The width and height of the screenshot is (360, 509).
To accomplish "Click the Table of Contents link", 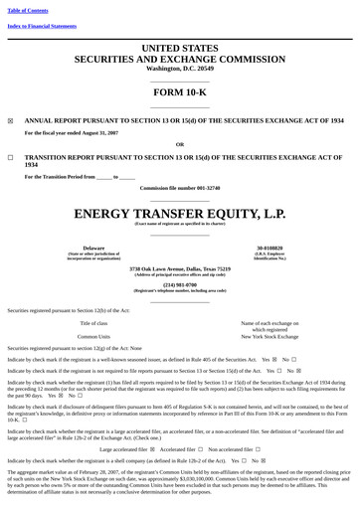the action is [x=28, y=10].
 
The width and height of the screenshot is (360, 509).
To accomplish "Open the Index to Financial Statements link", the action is [x=42, y=26].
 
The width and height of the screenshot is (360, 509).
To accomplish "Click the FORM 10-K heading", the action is [x=179, y=91].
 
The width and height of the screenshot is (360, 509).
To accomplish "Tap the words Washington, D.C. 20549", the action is [x=179, y=69].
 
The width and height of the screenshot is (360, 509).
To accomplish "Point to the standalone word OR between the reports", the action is [x=179, y=144].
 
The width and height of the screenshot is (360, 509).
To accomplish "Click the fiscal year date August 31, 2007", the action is [x=96, y=132].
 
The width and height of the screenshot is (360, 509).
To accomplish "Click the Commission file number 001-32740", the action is [x=180, y=188].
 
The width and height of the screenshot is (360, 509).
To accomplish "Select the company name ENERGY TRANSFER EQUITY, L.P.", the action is [x=179, y=214].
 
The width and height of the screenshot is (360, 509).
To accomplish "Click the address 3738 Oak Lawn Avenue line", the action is [x=180, y=268].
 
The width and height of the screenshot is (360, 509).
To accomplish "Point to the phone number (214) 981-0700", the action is [x=180, y=283].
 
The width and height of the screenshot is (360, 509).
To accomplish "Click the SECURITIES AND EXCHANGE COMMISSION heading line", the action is [x=179, y=59].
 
